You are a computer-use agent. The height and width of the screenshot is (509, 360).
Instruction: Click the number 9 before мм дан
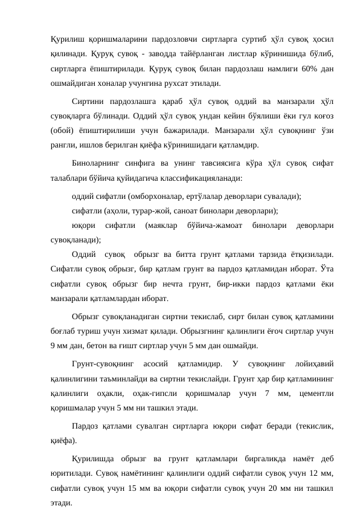(x=53, y=346)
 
